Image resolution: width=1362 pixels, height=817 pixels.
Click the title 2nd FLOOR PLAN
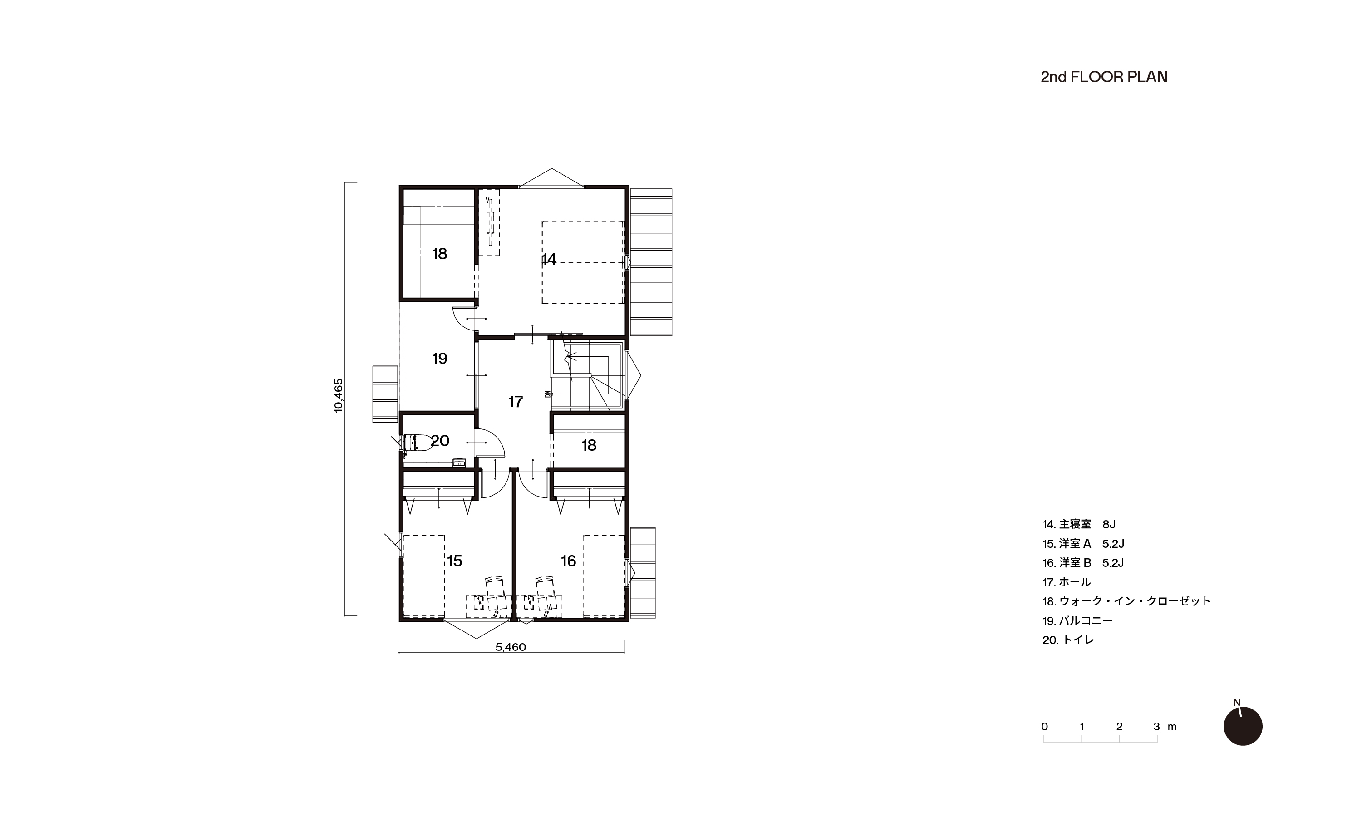point(1104,77)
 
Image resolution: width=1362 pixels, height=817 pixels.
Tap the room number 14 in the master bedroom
point(549,259)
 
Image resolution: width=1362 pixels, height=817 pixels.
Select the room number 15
point(454,561)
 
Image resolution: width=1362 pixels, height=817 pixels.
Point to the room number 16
point(568,561)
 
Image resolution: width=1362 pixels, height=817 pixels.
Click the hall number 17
point(515,402)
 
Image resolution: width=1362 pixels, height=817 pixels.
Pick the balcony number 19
point(439,359)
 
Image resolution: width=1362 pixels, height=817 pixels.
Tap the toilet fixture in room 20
point(416,442)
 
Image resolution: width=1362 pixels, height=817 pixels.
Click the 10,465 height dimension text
point(339,395)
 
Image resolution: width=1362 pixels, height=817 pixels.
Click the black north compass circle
point(1243,726)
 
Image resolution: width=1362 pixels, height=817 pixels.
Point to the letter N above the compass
point(1237,703)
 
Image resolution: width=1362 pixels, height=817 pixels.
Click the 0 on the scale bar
point(1044,727)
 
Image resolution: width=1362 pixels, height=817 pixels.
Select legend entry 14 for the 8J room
point(1079,525)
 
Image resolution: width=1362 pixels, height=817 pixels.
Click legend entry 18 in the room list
point(1126,601)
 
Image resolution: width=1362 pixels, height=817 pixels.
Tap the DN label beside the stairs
point(548,394)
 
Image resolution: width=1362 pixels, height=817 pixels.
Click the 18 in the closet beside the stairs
point(589,445)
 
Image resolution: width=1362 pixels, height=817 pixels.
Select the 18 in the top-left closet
point(439,254)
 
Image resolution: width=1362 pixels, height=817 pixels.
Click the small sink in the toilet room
point(458,463)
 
